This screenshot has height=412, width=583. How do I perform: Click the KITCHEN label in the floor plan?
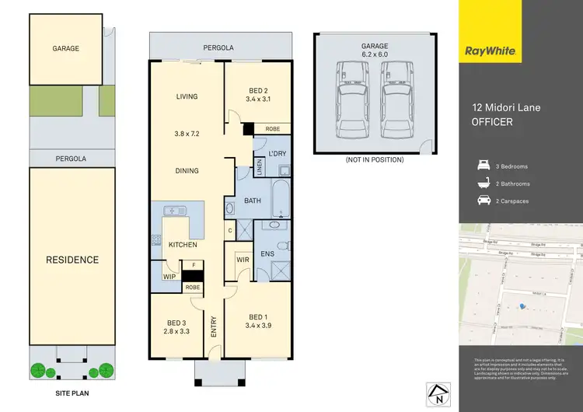[x=183, y=245]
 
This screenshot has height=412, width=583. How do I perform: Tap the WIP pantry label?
[x=168, y=276]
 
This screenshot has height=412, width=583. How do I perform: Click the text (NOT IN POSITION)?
[x=374, y=160]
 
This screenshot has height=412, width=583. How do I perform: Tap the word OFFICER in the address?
[x=492, y=121]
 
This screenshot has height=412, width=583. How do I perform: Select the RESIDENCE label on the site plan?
[x=72, y=260]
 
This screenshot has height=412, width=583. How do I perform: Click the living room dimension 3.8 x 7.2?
[x=187, y=134]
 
